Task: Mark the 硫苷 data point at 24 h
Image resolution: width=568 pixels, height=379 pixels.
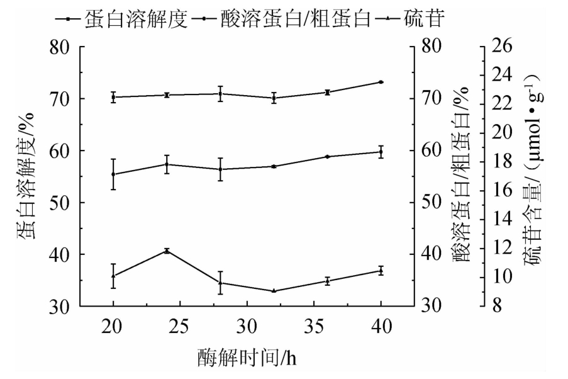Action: coord(167,251)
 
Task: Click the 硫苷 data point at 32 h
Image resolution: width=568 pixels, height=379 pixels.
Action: coord(274,291)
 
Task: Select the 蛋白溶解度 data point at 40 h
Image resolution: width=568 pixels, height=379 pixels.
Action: coord(381,82)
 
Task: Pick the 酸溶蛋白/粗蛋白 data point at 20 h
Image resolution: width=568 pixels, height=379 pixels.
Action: coord(113,174)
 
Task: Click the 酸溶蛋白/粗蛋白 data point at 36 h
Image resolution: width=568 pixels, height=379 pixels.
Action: coord(328,156)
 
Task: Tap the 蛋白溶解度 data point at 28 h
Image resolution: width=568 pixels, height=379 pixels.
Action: coord(220,93)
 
